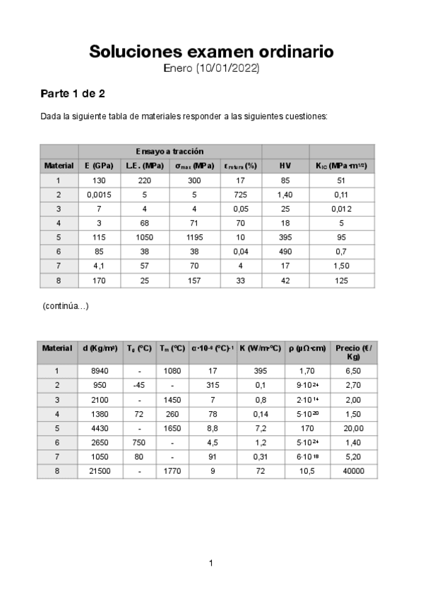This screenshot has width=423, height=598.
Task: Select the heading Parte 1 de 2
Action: tap(73, 93)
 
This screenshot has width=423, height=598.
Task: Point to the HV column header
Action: tap(285, 165)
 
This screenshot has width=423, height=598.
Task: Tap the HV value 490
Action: tap(285, 251)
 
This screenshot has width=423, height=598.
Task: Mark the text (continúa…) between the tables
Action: tap(66, 305)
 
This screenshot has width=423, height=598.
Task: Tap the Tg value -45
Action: tap(139, 385)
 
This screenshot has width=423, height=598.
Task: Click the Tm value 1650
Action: tap(173, 428)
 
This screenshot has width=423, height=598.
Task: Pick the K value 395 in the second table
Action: tap(260, 370)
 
